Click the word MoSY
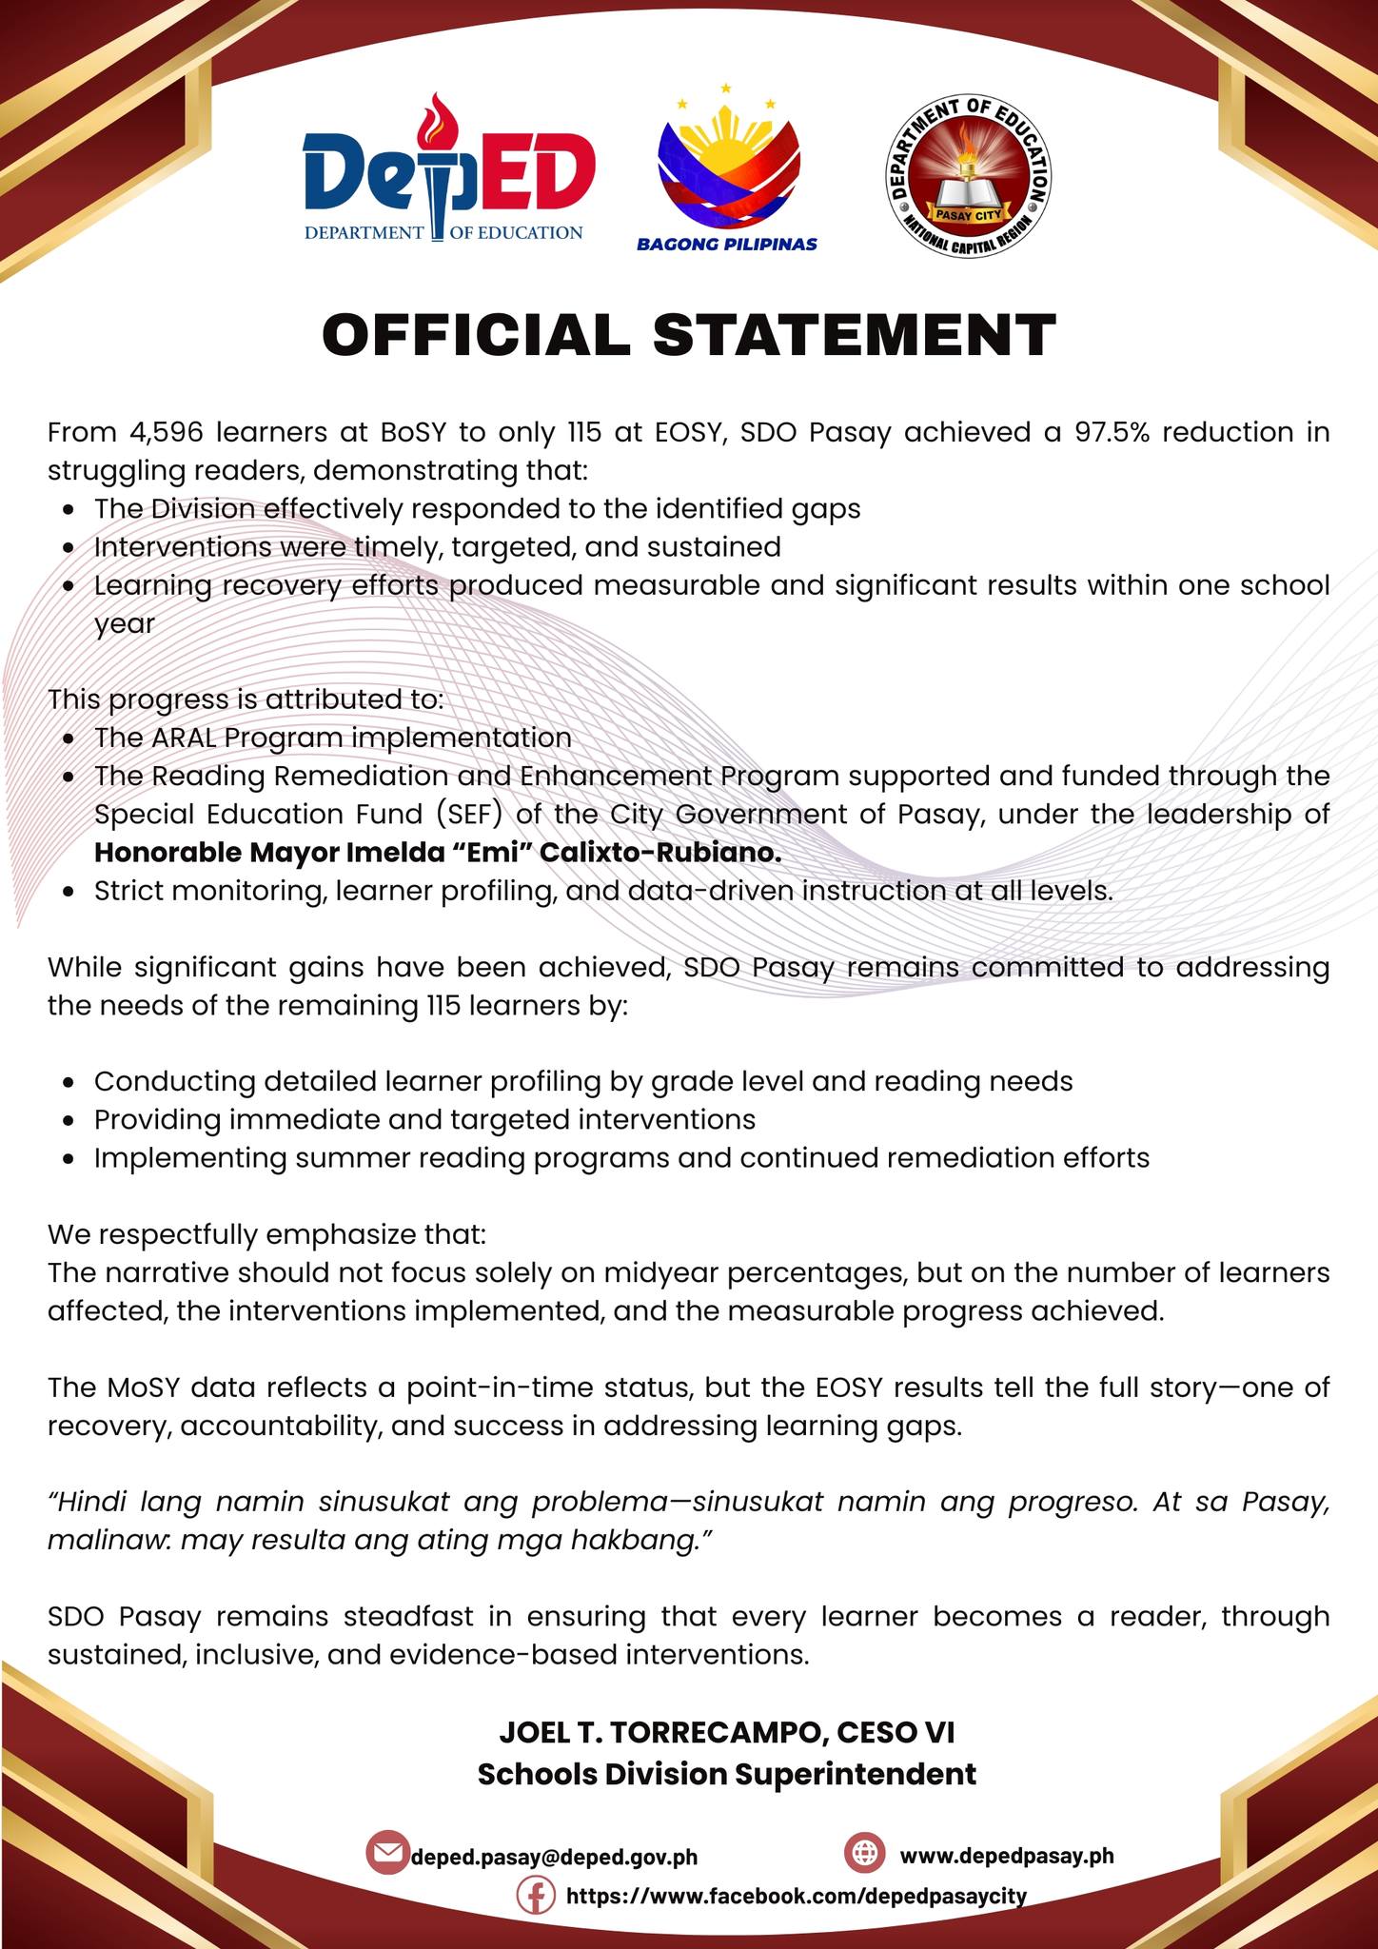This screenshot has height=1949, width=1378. pos(138,1388)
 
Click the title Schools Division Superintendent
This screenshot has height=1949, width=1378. pos(726,1774)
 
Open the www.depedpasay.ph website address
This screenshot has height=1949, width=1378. pos(1006,1856)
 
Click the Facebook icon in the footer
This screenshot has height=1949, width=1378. pos(536,1896)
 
